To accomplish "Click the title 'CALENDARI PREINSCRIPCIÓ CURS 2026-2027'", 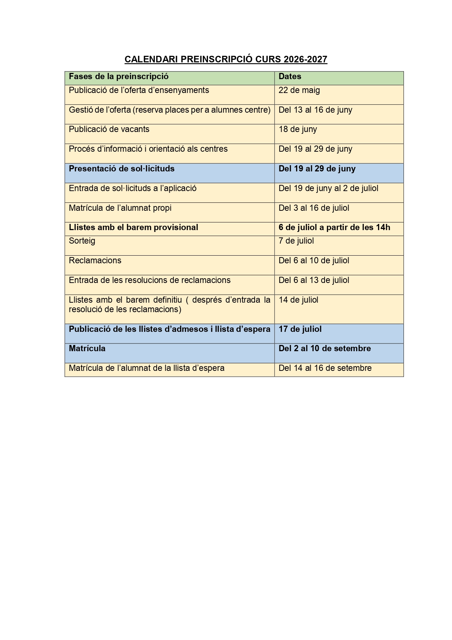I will pyautogui.click(x=226, y=59).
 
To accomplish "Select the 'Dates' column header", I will pyautogui.click(x=290, y=77).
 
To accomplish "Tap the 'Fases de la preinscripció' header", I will pyautogui.click(x=118, y=77).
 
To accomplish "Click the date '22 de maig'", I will pyautogui.click(x=299, y=90).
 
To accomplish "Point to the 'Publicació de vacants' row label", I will pyautogui.click(x=109, y=129).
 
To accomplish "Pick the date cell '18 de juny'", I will pyautogui.click(x=298, y=129).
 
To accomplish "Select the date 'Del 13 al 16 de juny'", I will pyautogui.click(x=315, y=110).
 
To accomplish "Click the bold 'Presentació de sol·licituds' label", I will pyautogui.click(x=122, y=169).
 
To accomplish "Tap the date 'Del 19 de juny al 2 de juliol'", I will pyautogui.click(x=328, y=189).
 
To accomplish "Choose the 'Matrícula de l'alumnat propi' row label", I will pyautogui.click(x=120, y=208).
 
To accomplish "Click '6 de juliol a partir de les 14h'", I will pyautogui.click(x=334, y=228).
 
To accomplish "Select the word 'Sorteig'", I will pyautogui.click(x=82, y=241).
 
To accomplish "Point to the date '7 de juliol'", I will pyautogui.click(x=296, y=241).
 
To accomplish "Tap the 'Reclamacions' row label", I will pyautogui.click(x=95, y=261).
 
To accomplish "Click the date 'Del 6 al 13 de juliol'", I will pyautogui.click(x=314, y=280).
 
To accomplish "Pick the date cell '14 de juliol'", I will pyautogui.click(x=298, y=300).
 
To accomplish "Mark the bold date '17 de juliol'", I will pyautogui.click(x=300, y=329).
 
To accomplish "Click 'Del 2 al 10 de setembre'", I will pyautogui.click(x=325, y=349).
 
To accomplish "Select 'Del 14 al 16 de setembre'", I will pyautogui.click(x=325, y=368).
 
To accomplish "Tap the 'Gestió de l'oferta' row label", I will pyautogui.click(x=169, y=110).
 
